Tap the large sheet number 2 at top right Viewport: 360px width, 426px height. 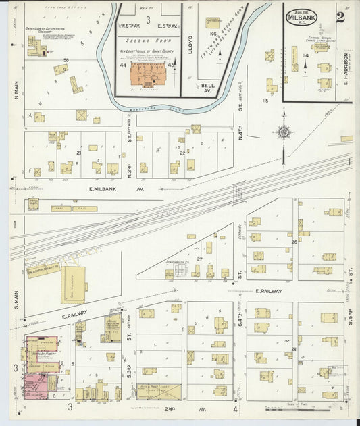pos(340,17)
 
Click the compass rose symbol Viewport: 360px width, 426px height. pos(284,132)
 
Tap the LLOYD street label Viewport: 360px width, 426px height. pos(190,43)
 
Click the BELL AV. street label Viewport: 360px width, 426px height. pos(208,88)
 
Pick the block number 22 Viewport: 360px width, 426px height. pos(182,153)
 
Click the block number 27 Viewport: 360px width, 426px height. pos(199,259)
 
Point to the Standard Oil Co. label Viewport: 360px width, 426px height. pos(178,263)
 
